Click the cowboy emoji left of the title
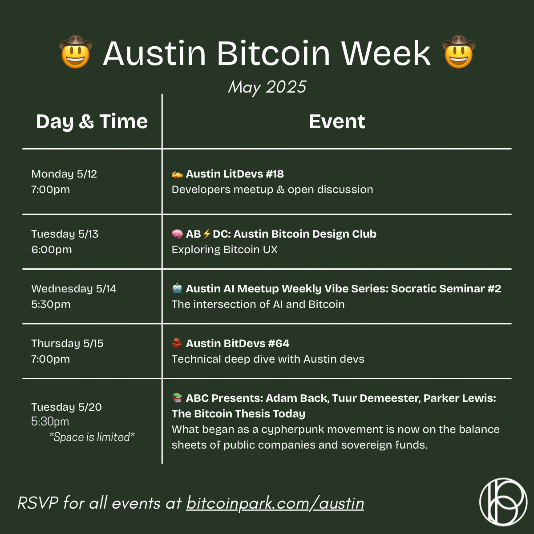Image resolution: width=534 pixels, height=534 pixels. [76, 52]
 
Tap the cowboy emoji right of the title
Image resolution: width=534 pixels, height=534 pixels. [459, 52]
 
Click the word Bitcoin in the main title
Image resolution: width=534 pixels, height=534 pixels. [274, 53]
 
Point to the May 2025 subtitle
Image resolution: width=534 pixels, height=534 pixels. [267, 87]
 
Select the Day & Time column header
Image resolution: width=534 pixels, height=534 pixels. [92, 121]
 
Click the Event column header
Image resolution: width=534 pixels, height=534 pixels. [337, 121]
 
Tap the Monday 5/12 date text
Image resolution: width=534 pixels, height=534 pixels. [64, 174]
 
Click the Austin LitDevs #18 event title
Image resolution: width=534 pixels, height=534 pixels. [235, 174]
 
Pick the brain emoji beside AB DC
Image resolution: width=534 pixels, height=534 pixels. [177, 234]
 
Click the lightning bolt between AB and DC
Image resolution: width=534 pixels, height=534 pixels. [207, 234]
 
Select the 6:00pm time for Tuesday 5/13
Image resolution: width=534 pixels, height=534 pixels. [52, 250]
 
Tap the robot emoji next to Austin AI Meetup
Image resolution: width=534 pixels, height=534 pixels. [177, 288]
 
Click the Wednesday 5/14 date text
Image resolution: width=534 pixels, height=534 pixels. [74, 289]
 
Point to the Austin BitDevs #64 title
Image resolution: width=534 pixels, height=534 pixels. [238, 344]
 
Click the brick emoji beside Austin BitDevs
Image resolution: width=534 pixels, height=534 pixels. [177, 344]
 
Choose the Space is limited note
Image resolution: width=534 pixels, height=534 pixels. [92, 437]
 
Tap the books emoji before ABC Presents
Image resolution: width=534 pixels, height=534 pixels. [177, 398]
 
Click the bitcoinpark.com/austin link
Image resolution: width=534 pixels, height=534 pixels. [275, 503]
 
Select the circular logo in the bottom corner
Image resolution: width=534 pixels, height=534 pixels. [503, 502]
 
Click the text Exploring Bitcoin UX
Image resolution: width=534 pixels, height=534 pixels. [224, 250]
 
